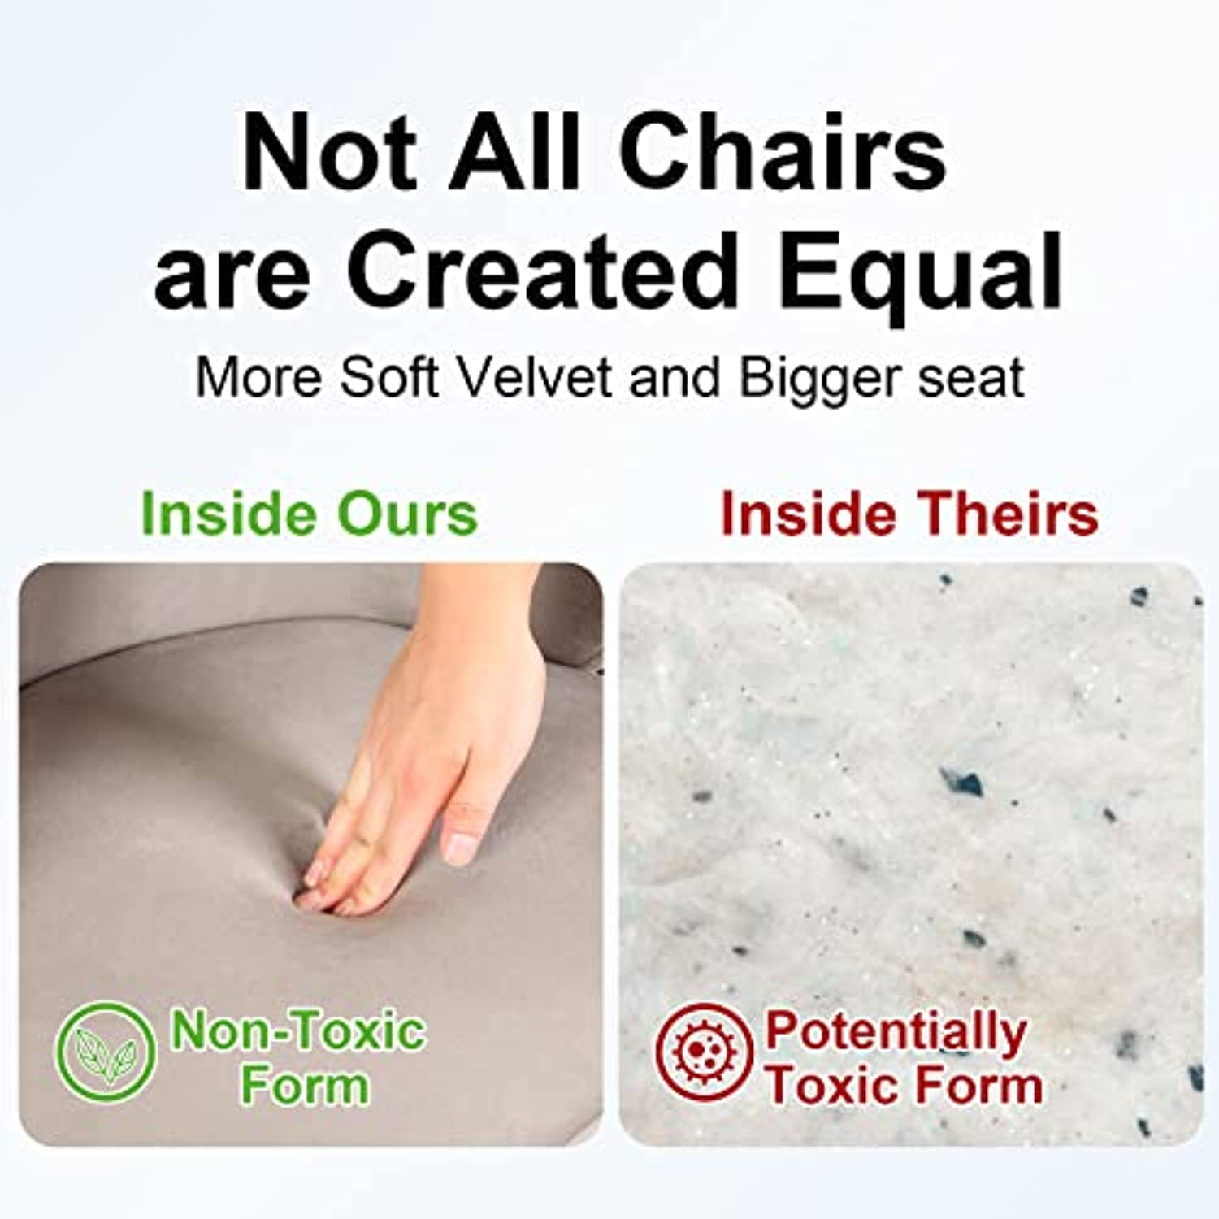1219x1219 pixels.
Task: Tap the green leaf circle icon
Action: (105, 1052)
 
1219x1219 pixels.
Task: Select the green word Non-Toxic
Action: (297, 1030)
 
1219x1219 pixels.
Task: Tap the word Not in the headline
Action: (330, 153)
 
